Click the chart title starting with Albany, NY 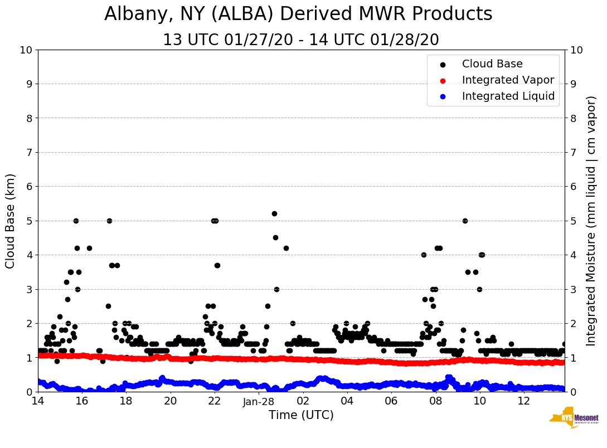coord(298,14)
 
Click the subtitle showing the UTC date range coord(301,40)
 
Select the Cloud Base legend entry coord(492,64)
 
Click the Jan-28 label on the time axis coord(259,401)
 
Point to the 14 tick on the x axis coord(38,401)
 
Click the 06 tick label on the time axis coord(391,401)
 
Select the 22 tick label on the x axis coord(215,401)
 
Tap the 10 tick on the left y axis coord(26,50)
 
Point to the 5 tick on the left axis coord(29,221)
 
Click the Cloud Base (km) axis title coord(11,221)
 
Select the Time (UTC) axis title coord(301,415)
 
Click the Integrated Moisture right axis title coord(592,221)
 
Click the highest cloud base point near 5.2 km coord(274,213)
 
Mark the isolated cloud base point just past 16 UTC coord(89,248)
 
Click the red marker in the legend coord(443,80)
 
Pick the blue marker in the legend coord(443,96)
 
